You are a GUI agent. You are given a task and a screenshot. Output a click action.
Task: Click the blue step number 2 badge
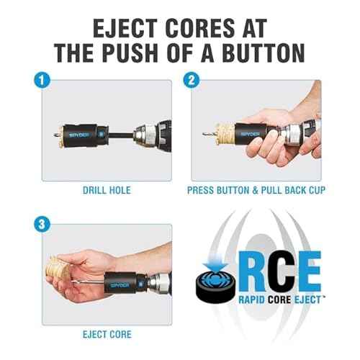point(192,80)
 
